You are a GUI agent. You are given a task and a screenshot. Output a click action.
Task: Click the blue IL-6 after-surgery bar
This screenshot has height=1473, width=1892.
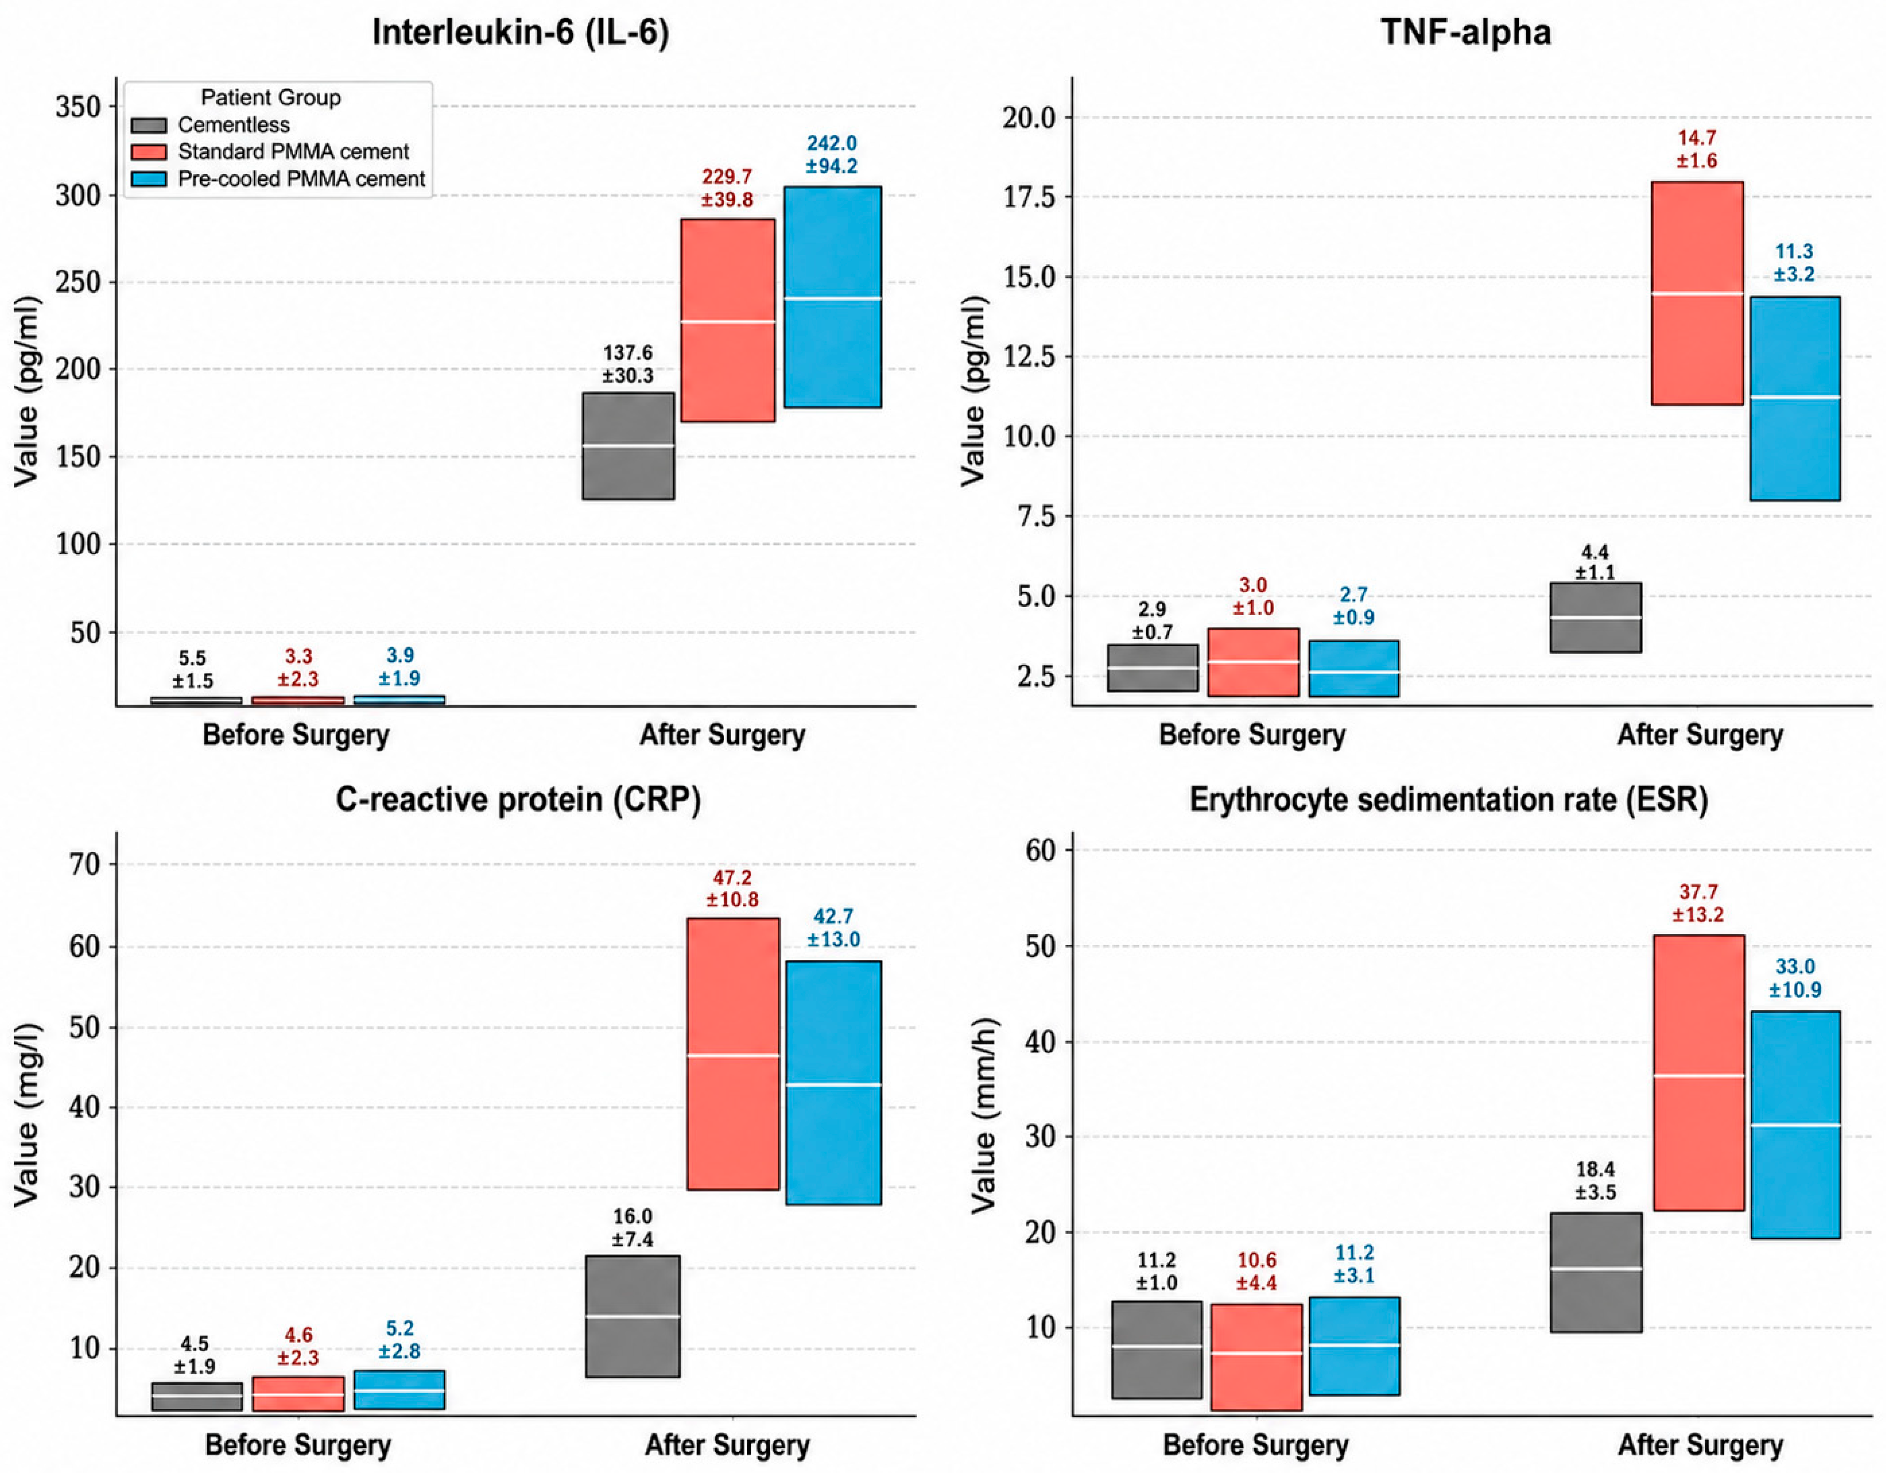tap(833, 296)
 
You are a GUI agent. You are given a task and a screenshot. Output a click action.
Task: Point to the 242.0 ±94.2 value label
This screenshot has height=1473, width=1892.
tap(832, 154)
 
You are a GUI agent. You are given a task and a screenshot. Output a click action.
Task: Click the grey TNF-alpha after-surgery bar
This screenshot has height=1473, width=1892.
tap(1595, 617)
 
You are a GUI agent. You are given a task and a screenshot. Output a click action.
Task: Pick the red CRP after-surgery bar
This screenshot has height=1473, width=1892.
tap(733, 1054)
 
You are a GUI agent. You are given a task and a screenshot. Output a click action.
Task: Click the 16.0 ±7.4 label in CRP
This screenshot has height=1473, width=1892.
tap(633, 1228)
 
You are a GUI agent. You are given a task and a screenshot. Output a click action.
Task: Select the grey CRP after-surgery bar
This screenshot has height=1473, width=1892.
tap(633, 1316)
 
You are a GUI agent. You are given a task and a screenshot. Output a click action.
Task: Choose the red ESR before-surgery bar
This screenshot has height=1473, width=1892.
tap(1256, 1357)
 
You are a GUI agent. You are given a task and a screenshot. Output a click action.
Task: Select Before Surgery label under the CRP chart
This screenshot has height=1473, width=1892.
tap(298, 1445)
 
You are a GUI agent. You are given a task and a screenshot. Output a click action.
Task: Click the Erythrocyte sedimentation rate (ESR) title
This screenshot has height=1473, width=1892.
tap(1448, 799)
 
